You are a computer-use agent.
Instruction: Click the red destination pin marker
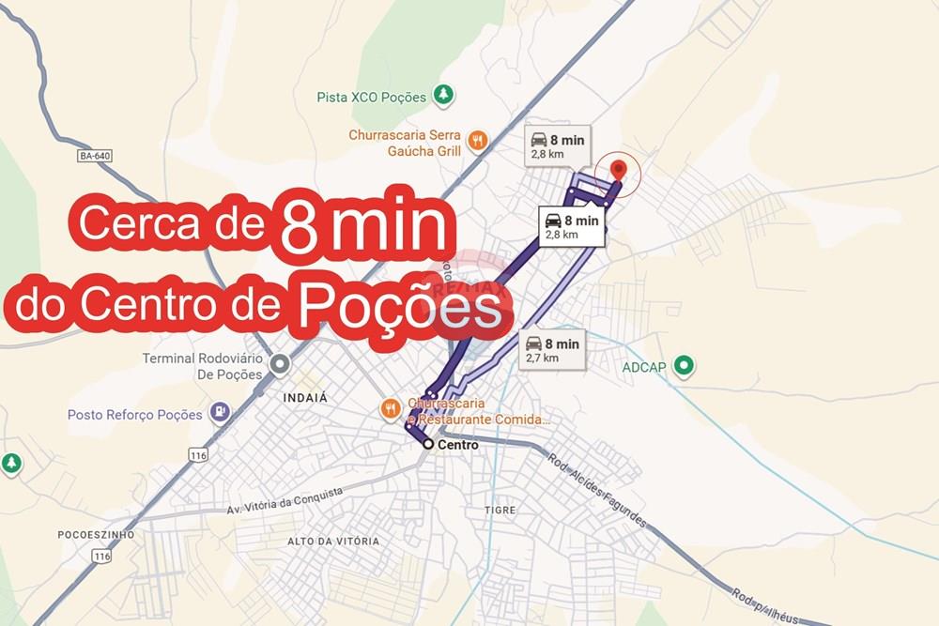coord(618,170)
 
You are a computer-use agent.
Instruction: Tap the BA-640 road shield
coord(95,156)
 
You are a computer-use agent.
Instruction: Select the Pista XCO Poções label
coord(372,97)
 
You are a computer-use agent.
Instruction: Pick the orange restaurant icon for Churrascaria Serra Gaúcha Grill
coord(478,141)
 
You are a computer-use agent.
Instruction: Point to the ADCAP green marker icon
coord(685,365)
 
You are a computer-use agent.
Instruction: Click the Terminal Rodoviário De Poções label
coord(202,366)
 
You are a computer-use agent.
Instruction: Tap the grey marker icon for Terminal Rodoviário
coord(279,364)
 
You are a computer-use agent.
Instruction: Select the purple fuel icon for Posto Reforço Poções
coord(219,412)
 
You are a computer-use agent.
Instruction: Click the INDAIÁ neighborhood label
coord(305,398)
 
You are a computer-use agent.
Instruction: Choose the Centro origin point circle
coord(428,444)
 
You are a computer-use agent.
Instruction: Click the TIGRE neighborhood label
coord(500,510)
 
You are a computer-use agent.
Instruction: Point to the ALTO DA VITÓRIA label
coord(333,542)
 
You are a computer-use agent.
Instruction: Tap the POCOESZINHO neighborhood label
coord(96,535)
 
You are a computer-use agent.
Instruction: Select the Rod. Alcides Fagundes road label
coord(598,489)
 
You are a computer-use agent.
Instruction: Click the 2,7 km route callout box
coord(552,349)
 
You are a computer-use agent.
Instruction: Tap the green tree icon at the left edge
coord(11,463)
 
